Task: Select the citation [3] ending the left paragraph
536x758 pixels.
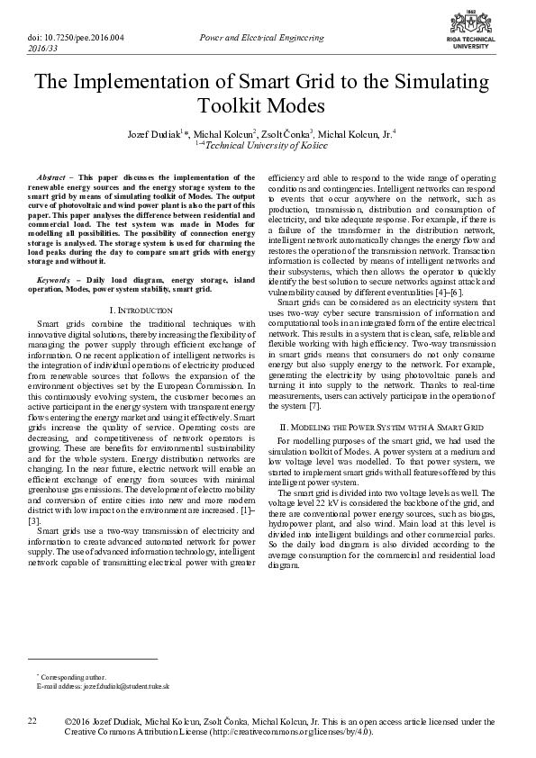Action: tap(34, 520)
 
